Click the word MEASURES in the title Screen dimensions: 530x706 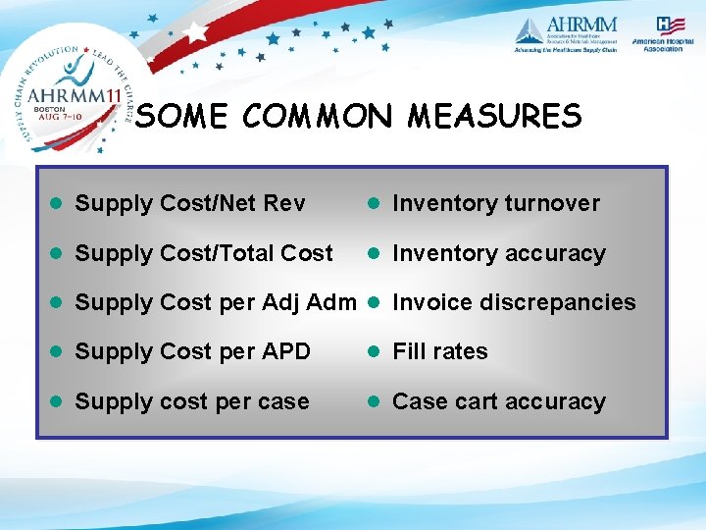(494, 118)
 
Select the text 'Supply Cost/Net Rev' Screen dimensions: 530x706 (190, 204)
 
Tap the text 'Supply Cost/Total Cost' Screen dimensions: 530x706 (204, 253)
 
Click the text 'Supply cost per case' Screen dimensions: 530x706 (192, 401)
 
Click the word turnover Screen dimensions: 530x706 (552, 204)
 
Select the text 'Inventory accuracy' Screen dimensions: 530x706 (499, 253)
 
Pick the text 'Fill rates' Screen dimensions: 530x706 (440, 351)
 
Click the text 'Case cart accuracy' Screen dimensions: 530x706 (499, 401)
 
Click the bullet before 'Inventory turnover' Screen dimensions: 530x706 (374, 204)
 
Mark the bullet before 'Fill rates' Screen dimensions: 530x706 (374, 351)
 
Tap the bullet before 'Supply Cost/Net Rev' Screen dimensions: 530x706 (57, 204)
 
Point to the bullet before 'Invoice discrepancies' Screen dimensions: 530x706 (374, 302)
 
